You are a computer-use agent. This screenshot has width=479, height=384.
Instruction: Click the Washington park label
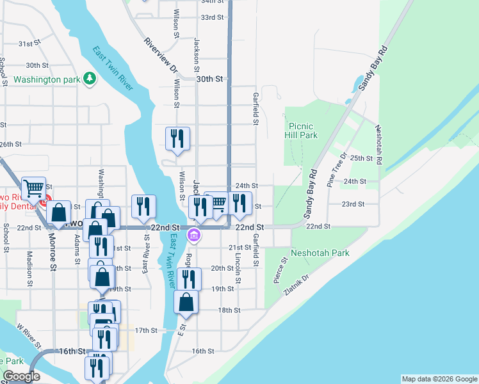[x=46, y=80]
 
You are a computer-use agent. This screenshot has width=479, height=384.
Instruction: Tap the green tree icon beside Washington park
[x=90, y=79]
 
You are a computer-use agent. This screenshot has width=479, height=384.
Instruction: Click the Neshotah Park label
[x=320, y=253]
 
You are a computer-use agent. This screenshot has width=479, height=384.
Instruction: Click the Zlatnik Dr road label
[x=296, y=285]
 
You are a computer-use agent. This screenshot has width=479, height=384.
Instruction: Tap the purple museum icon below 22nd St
[x=194, y=237]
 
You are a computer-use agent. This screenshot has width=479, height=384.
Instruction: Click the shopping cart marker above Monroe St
[x=33, y=188]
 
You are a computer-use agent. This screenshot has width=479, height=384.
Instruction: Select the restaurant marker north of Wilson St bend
[x=177, y=138]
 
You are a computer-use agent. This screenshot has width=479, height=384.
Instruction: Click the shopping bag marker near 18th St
[x=186, y=301]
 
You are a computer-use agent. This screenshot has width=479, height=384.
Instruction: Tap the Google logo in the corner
[x=21, y=376]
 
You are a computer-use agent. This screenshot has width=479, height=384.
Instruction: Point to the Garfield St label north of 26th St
[x=255, y=113]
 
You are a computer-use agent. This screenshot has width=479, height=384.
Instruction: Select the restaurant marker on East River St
[x=143, y=206]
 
